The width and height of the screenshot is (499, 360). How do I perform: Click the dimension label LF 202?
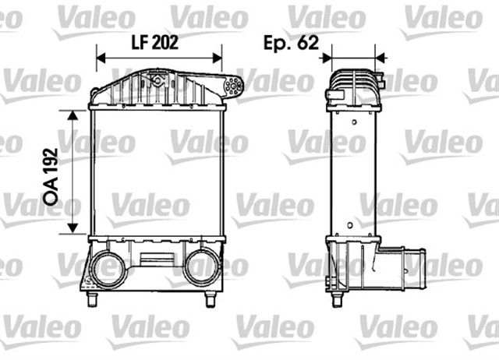[x=155, y=42]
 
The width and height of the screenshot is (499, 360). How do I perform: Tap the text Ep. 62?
[x=291, y=43]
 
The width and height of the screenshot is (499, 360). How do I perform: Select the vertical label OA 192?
[x=51, y=177]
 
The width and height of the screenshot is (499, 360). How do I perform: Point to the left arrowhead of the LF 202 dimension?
[x=101, y=58]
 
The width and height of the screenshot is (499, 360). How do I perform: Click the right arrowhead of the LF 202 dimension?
[x=218, y=58]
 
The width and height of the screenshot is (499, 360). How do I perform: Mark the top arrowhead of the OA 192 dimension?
[x=73, y=115]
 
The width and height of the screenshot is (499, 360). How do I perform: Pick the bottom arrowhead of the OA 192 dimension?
[x=73, y=228]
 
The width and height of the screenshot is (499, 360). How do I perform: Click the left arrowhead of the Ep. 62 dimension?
[x=327, y=58]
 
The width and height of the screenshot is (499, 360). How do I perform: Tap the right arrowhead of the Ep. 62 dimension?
[x=380, y=58]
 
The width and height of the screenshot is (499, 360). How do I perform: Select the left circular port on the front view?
[x=108, y=267]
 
